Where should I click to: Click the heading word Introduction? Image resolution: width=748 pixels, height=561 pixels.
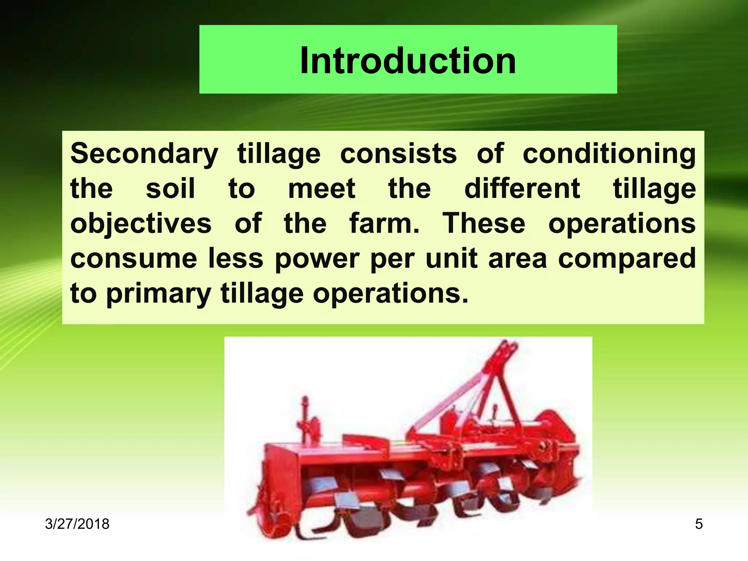point(408,61)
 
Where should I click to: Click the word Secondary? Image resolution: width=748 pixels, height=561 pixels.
point(144,154)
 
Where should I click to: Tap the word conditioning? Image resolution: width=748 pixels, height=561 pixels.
point(609,154)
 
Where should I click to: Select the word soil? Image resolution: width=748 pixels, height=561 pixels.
point(170,189)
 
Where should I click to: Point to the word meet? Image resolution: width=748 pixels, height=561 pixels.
point(321,189)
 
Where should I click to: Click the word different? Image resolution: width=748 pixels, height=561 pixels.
point(522,189)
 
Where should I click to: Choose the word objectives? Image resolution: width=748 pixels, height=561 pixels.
point(141,224)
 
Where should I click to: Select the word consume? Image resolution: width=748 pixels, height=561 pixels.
point(134,259)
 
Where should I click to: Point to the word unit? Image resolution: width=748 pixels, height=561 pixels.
point(451,259)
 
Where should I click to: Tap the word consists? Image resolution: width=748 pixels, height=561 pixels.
point(398,153)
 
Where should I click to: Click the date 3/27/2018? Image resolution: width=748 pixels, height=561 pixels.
point(77,524)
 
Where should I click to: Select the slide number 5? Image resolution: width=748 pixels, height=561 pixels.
point(699,524)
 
